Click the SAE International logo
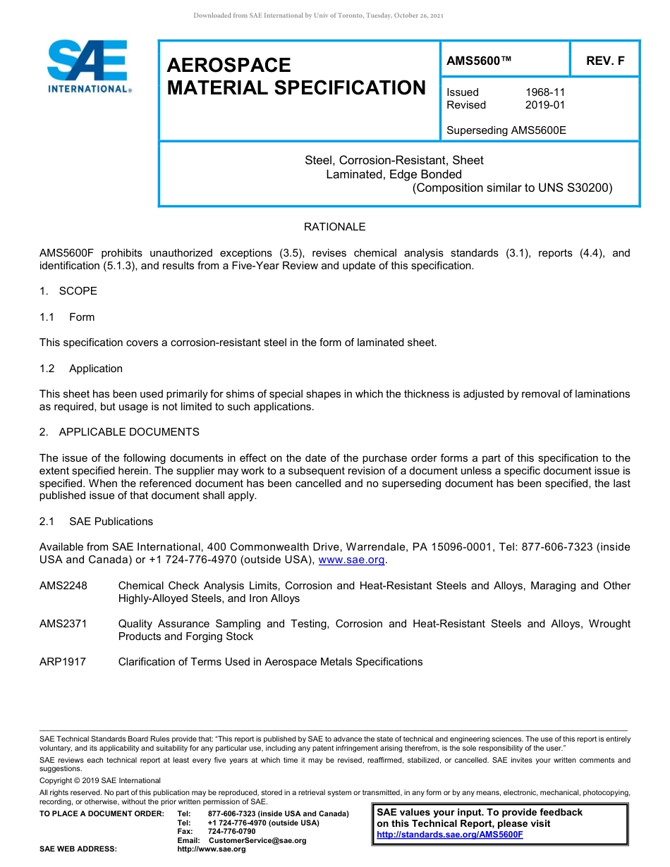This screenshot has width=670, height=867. (88, 67)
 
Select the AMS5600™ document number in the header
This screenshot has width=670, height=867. (479, 61)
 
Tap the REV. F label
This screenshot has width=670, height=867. (605, 61)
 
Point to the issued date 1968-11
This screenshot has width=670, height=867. (545, 92)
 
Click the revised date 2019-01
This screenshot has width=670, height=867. (545, 105)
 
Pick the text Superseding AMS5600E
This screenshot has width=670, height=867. (506, 130)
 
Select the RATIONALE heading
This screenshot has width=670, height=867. (334, 227)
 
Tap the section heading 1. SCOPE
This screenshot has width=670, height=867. (68, 291)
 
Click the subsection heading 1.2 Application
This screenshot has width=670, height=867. (81, 369)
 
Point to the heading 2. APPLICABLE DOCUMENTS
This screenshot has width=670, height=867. (119, 431)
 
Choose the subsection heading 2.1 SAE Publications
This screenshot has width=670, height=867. (96, 522)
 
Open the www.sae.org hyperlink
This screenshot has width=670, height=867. (352, 560)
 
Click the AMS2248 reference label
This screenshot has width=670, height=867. (63, 586)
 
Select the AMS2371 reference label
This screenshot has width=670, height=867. (63, 624)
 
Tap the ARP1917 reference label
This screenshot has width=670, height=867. (63, 662)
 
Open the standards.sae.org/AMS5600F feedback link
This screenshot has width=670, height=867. (450, 835)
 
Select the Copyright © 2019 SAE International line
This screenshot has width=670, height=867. (100, 780)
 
